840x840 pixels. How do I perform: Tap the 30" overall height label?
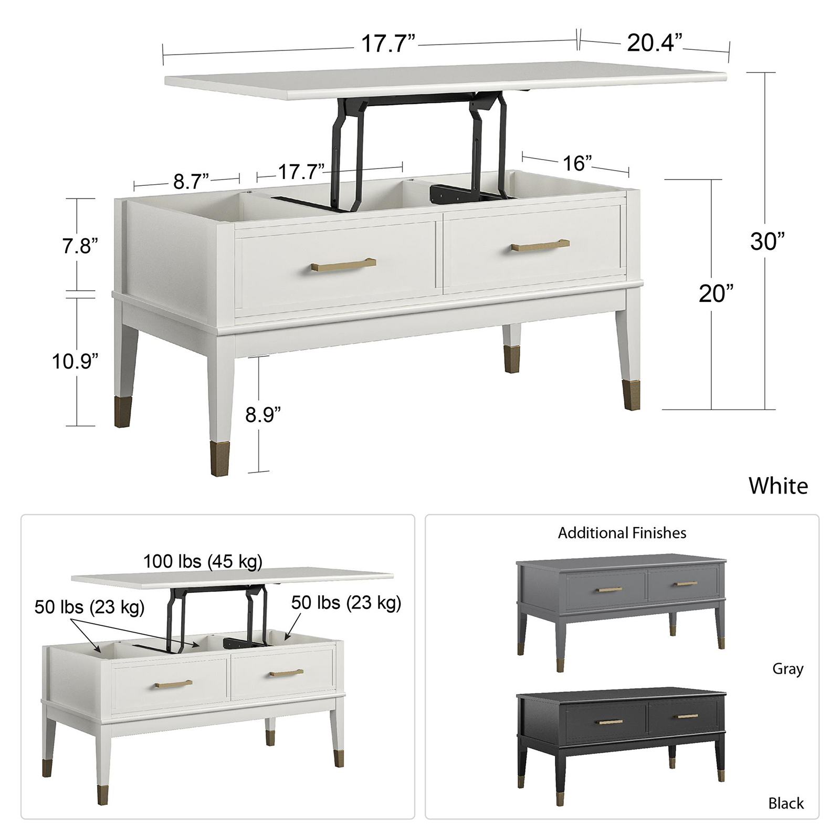tap(768, 241)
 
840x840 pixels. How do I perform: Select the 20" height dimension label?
tap(716, 294)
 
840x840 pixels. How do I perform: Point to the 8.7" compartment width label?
tap(191, 182)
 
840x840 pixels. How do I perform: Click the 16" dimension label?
tap(577, 163)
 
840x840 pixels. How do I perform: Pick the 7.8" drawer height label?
tap(80, 246)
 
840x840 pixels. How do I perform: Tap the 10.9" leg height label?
tap(75, 361)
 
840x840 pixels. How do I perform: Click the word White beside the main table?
tap(778, 486)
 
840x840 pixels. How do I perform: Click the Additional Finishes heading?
tap(622, 533)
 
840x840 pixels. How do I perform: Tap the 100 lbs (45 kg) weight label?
tap(203, 561)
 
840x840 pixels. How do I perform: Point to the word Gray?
tap(788, 669)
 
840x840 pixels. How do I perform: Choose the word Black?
tap(786, 803)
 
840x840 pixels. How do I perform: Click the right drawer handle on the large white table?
tap(540, 245)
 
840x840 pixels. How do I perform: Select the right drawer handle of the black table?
tap(687, 716)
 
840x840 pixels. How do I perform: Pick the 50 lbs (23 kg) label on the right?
tap(346, 602)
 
